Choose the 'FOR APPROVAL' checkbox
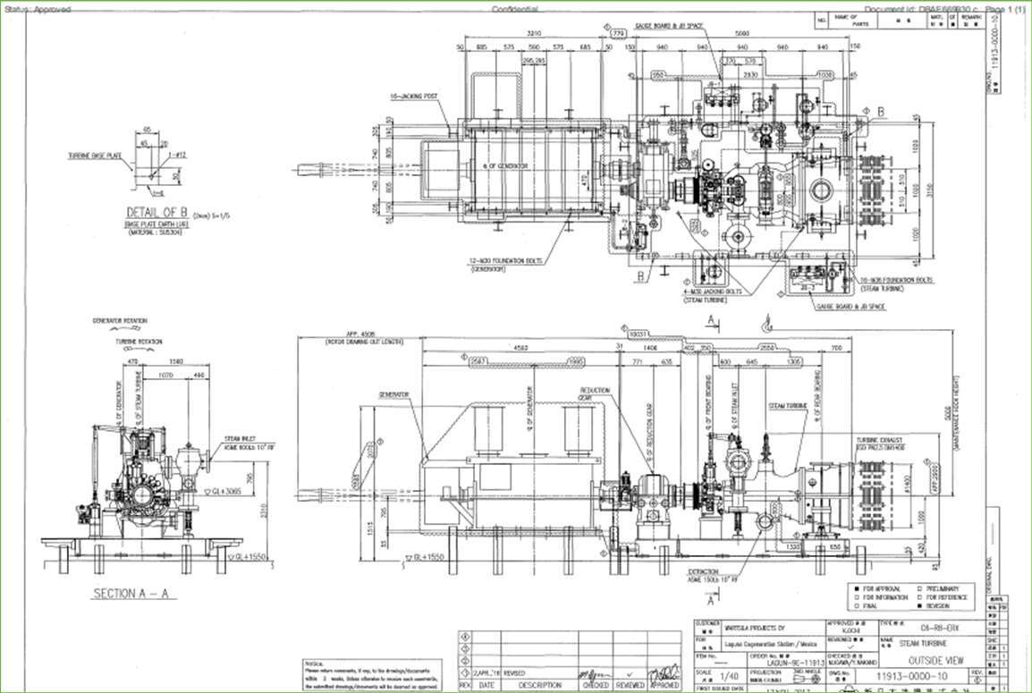point(856,588)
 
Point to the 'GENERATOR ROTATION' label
point(119,320)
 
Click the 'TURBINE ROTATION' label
point(137,342)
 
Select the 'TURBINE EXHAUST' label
point(878,442)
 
